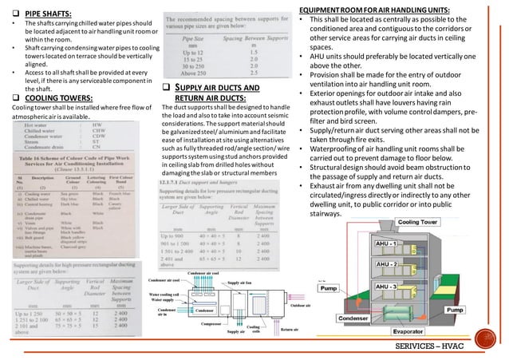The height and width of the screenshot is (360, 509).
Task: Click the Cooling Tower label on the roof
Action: (x=418, y=221)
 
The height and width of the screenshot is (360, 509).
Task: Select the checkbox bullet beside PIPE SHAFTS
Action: (x=8, y=14)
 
